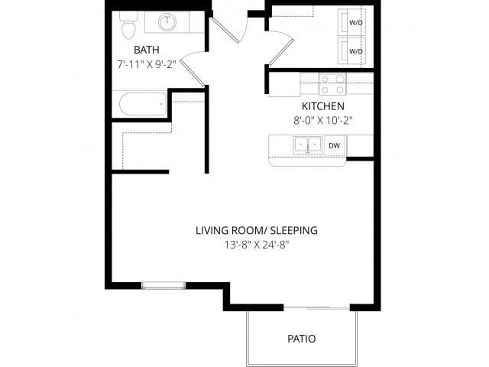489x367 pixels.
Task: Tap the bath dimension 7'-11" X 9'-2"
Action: [x=146, y=64]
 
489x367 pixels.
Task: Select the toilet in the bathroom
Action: [x=128, y=28]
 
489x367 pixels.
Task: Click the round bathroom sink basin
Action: [x=168, y=22]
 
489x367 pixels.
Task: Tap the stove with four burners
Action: [x=331, y=83]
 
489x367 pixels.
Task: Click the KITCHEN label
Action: [x=322, y=106]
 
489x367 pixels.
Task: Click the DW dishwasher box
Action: [x=334, y=145]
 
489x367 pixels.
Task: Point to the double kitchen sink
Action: [x=306, y=145]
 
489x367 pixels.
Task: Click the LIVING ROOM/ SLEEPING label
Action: [x=256, y=230]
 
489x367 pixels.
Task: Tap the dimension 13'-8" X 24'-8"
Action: [x=256, y=245]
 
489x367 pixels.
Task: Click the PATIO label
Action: [x=301, y=338]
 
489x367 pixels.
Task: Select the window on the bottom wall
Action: [x=164, y=286]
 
